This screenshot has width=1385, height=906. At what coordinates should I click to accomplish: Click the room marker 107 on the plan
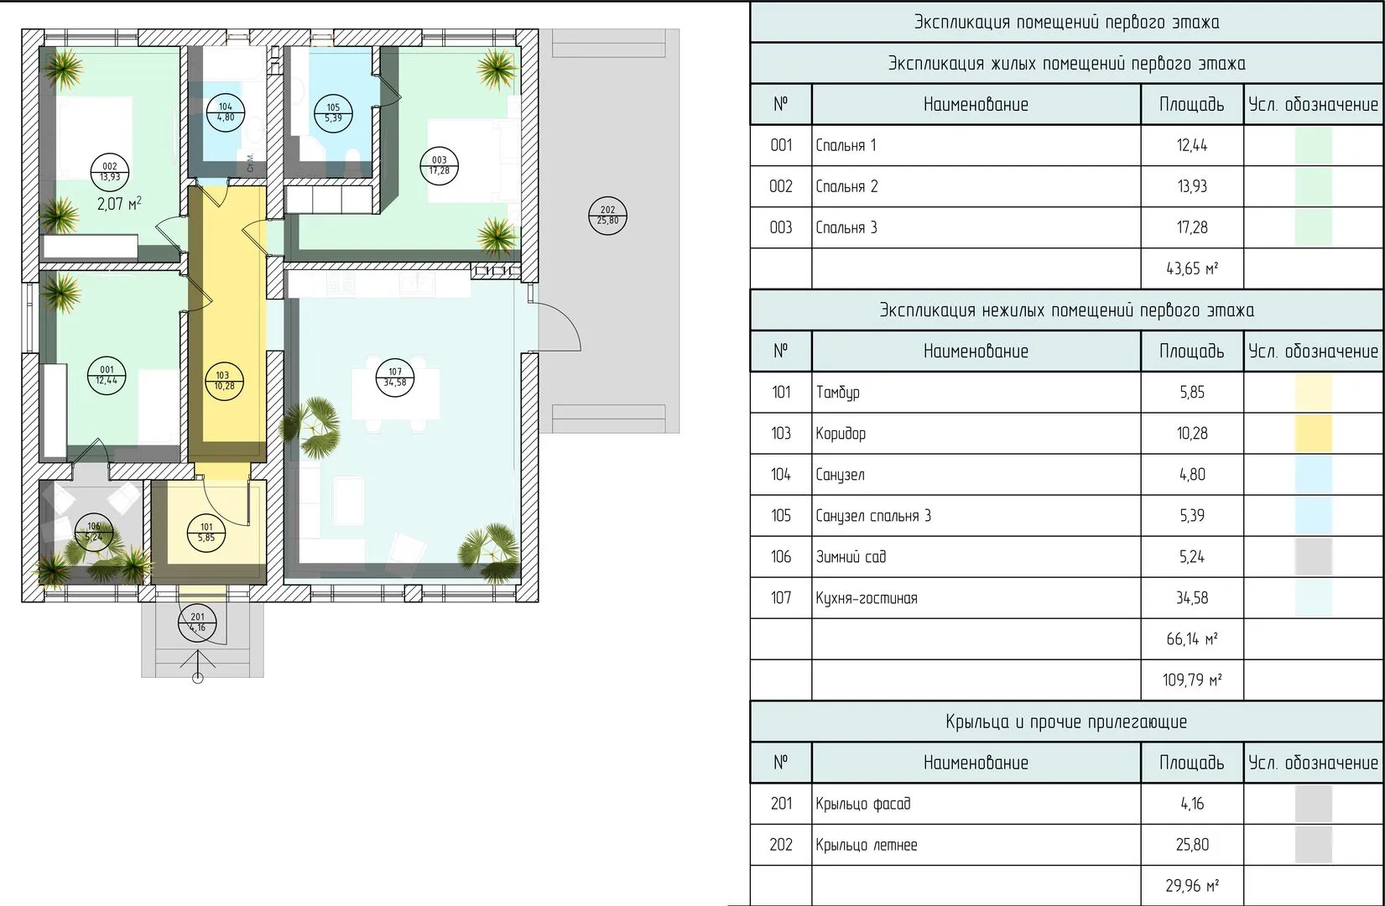click(395, 377)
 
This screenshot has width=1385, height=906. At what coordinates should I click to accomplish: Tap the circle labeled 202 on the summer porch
click(608, 216)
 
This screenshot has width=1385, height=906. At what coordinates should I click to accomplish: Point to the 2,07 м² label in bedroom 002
click(119, 204)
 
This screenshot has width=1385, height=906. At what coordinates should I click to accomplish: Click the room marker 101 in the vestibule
click(206, 533)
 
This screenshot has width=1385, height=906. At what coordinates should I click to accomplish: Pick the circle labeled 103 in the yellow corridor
click(224, 380)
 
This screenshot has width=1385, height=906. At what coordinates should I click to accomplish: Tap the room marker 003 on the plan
click(439, 165)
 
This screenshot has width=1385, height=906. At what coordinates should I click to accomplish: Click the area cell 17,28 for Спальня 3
click(1191, 227)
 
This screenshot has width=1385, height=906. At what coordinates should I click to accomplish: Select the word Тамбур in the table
click(837, 392)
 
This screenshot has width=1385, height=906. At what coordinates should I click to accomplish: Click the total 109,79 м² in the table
click(1191, 680)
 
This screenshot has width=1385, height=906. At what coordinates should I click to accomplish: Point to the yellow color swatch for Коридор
click(1314, 433)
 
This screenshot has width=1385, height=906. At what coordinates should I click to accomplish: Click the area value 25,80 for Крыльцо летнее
click(1191, 845)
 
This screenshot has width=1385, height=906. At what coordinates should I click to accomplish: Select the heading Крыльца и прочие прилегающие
click(1066, 721)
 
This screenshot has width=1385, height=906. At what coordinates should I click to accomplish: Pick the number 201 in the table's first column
click(781, 804)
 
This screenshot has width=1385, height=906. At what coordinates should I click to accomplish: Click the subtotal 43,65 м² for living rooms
click(1191, 268)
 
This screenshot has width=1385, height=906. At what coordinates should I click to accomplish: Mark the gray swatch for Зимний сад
click(1314, 556)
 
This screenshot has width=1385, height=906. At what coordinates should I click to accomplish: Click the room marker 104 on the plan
click(225, 112)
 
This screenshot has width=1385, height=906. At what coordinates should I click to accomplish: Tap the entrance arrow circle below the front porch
click(198, 679)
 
